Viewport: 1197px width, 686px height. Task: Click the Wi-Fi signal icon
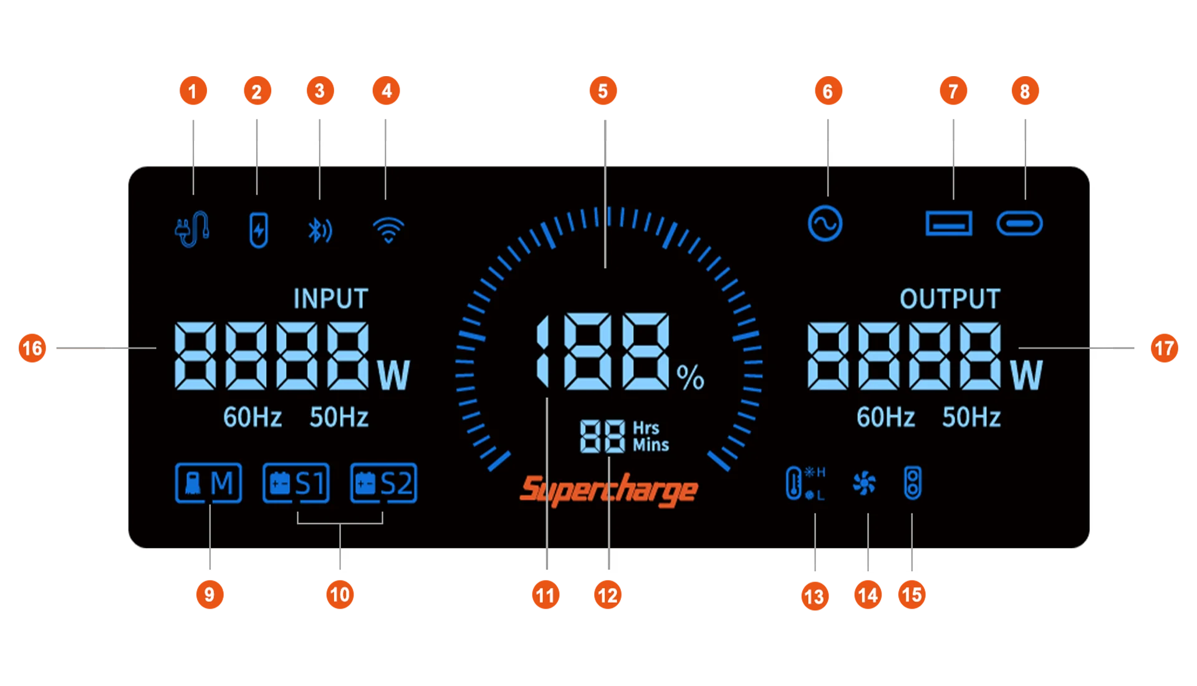click(x=388, y=230)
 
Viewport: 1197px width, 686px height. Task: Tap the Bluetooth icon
click(x=320, y=230)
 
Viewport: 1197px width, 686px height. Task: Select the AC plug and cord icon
click(x=192, y=229)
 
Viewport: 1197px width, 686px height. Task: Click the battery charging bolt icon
click(x=259, y=230)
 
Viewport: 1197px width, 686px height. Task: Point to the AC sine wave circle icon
click(x=825, y=223)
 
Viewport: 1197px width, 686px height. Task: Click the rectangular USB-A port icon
click(x=948, y=223)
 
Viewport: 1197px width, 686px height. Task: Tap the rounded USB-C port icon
click(x=1019, y=223)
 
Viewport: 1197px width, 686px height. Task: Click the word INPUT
click(x=330, y=299)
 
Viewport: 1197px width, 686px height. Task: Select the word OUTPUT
click(x=949, y=299)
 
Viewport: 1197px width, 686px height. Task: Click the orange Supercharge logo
click(x=608, y=490)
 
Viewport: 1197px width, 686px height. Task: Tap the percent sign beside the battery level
click(x=690, y=377)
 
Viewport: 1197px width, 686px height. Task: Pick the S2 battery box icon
click(x=383, y=483)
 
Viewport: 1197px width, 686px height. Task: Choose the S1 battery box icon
click(x=296, y=483)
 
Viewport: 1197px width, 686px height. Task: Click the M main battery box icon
click(x=208, y=483)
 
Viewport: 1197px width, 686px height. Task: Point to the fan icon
click(x=864, y=483)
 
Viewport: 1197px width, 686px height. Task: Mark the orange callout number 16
click(x=32, y=348)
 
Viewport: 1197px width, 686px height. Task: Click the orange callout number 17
click(x=1164, y=348)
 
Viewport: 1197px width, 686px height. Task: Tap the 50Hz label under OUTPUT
click(x=971, y=417)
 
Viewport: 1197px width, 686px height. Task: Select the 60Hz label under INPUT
click(x=252, y=417)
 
